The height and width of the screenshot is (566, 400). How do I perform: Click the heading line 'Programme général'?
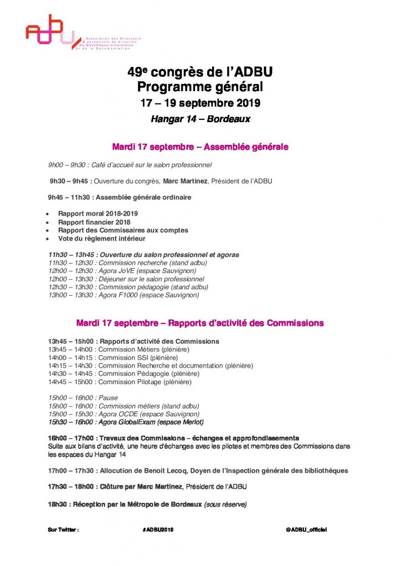pos(200,87)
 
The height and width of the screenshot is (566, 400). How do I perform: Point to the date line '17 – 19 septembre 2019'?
pos(200,103)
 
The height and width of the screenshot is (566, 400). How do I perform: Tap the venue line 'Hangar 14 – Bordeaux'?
pos(200,119)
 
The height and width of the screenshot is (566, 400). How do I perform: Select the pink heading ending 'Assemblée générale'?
pos(200,147)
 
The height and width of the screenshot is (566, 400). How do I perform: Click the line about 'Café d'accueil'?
pos(130,165)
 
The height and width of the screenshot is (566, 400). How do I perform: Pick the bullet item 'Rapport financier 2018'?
pos(94,222)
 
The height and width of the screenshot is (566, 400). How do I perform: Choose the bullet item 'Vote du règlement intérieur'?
pos(102,239)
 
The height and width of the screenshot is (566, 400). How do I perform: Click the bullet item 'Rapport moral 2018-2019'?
pos(98,214)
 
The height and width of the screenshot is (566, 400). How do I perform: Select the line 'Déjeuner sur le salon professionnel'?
pos(126,279)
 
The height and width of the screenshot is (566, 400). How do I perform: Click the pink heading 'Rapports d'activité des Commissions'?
pos(200,323)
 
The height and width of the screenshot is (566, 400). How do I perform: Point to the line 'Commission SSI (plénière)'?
pos(110,358)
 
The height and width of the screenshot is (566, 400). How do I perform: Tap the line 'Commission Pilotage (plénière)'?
pos(120,382)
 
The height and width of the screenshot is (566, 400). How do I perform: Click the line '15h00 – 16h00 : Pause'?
pos(83,398)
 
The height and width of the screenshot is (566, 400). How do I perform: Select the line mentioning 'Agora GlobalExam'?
pos(125,422)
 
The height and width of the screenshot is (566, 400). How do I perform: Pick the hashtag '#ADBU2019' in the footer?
pos(158,530)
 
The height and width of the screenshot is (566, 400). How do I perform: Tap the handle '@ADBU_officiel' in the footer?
pos(306,530)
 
